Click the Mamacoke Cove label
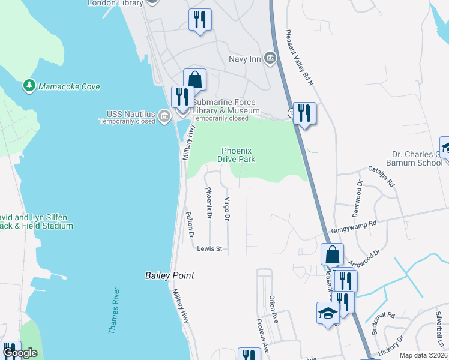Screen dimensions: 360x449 pos(69,86)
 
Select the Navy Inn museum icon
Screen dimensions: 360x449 pos(270,58)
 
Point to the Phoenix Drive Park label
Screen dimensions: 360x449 pos(238,155)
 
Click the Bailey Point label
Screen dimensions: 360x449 pos(170,275)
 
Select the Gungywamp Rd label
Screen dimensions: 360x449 pos(354,226)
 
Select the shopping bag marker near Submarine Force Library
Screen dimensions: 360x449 pos(195,79)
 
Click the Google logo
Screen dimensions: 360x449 pos(20,353)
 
